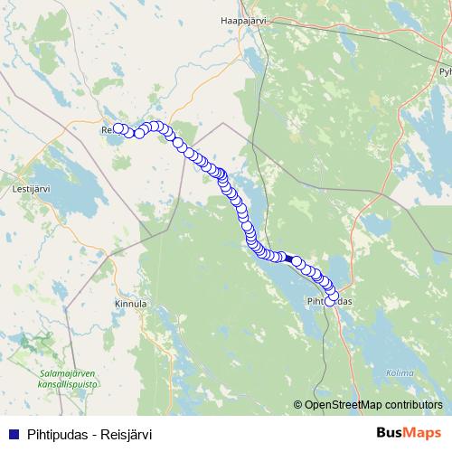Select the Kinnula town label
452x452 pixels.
point(131,304)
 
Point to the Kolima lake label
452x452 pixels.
point(400,372)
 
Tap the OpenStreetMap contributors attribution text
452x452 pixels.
point(373,404)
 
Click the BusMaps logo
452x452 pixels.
point(410,433)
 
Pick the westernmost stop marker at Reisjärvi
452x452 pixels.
point(118,128)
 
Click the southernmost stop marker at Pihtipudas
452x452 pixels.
point(330,301)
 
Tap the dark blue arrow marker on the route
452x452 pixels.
point(287,258)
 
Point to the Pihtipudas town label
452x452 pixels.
point(329,300)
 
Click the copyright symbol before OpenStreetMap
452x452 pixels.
point(298,404)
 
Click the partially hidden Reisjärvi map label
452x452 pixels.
point(107,129)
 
